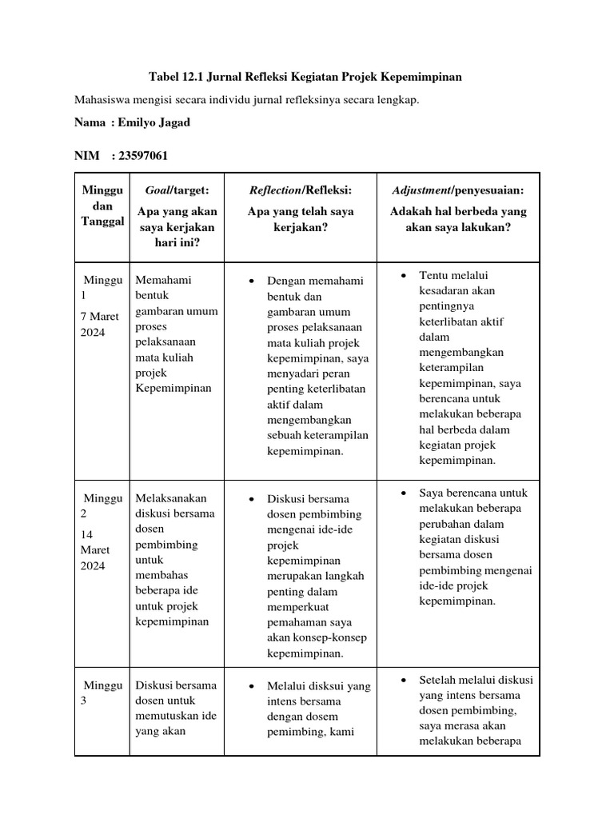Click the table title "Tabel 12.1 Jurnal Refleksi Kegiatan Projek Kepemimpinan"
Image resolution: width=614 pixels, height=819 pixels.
pos(306,77)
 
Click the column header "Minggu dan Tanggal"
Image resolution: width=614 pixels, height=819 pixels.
pos(102,206)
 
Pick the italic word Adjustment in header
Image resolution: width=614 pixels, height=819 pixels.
pos(421,190)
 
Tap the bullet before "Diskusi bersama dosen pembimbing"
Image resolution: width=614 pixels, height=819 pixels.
pos(251,500)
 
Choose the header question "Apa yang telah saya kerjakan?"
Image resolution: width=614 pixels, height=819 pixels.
pos(300,220)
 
